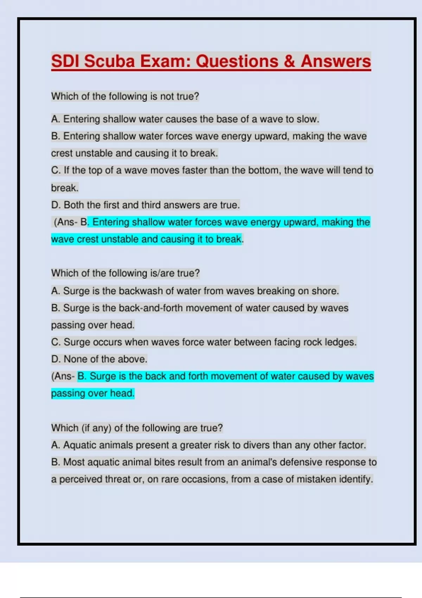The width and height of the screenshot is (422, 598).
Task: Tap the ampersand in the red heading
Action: tap(289, 61)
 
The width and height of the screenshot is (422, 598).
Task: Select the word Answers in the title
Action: tap(336, 61)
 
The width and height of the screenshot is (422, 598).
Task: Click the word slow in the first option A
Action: tap(307, 119)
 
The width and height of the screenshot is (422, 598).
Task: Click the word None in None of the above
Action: tap(75, 359)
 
